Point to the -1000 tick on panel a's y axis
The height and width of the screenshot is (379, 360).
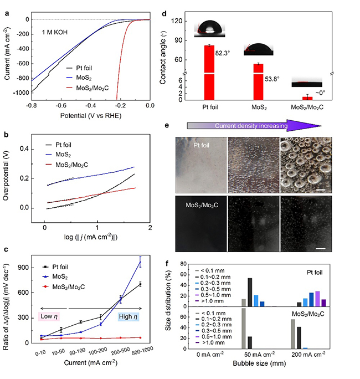click(19, 93)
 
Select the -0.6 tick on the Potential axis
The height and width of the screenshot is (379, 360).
click(61, 105)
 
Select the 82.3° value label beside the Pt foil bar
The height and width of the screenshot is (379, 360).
click(223, 53)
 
